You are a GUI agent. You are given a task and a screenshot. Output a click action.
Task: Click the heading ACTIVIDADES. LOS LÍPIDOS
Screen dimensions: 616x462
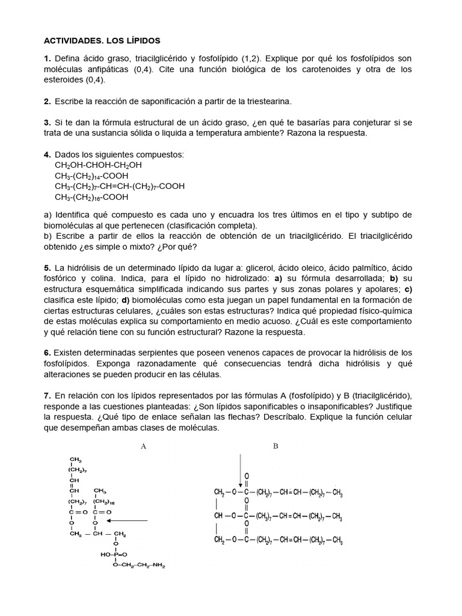[x=103, y=41]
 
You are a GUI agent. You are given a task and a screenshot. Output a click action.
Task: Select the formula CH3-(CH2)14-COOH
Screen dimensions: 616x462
[x=91, y=176]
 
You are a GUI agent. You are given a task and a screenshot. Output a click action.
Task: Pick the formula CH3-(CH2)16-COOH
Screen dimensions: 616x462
[x=91, y=197]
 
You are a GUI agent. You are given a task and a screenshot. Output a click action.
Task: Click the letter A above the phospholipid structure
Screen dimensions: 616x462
[x=143, y=446]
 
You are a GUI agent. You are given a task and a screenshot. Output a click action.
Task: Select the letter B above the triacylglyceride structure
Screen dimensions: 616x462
[x=276, y=446]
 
